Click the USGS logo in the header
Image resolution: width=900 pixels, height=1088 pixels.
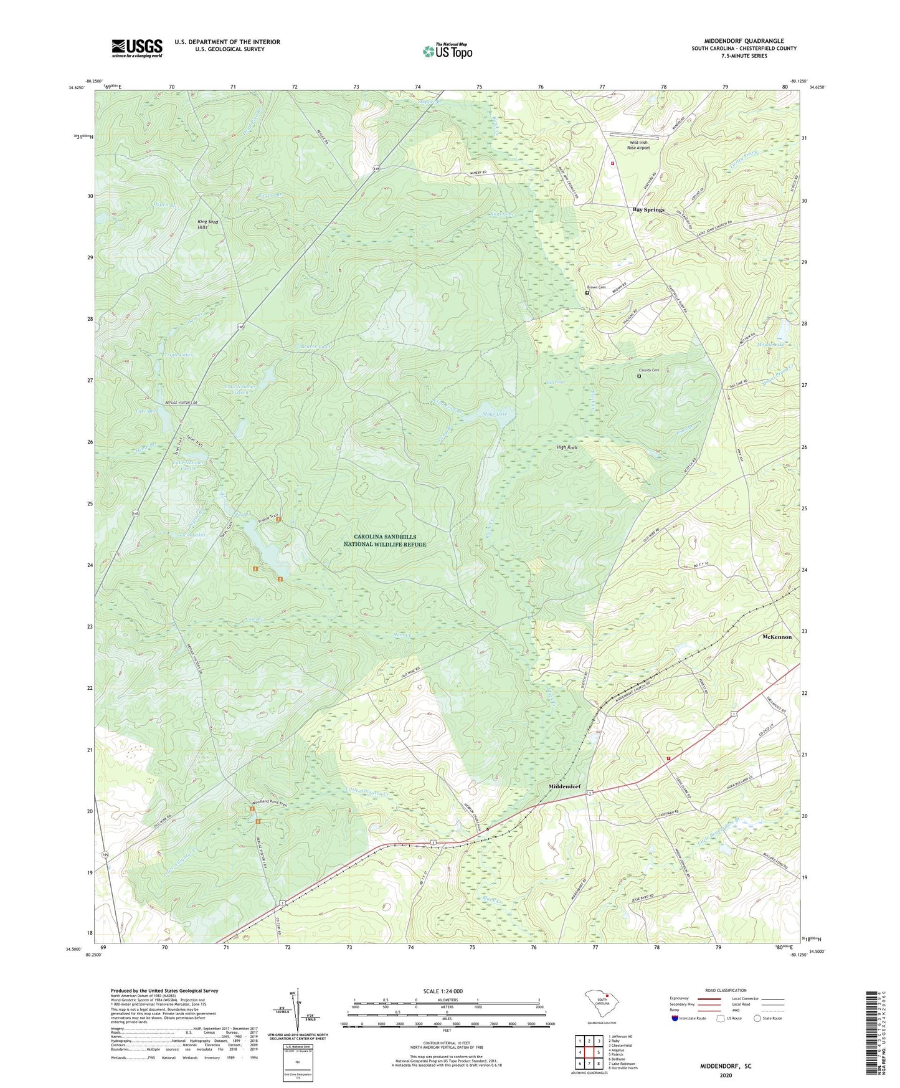coord(137,47)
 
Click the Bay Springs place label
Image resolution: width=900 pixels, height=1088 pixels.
coord(648,210)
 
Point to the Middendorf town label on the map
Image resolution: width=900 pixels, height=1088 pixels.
coord(564,786)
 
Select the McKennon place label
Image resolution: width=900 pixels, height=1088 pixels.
coord(777,637)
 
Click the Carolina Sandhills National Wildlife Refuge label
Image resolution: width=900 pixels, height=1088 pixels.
coord(385,540)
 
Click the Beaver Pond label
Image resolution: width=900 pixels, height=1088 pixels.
coord(315,346)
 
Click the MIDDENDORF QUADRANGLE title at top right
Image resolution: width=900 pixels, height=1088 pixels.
coord(739,41)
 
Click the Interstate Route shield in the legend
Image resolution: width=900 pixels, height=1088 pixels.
coord(676,1018)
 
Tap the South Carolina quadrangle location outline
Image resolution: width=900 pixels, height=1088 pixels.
coord(600,1003)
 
